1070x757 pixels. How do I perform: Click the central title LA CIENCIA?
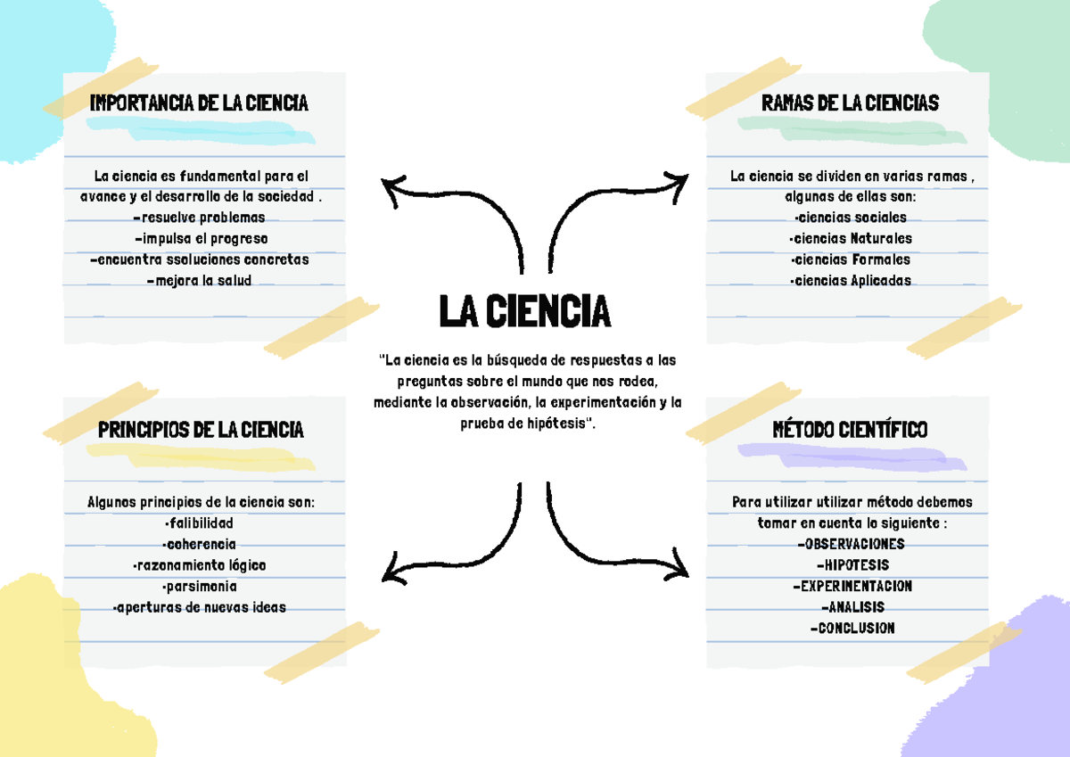tap(525, 311)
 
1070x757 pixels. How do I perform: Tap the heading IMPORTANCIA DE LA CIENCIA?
tap(199, 103)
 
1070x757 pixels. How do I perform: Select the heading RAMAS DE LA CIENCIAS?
tap(850, 103)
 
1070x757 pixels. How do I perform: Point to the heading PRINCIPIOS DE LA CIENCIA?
tap(201, 430)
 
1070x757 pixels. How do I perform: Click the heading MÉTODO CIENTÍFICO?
tap(850, 430)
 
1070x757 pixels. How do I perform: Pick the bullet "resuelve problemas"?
tap(199, 218)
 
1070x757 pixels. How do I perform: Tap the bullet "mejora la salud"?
tap(199, 280)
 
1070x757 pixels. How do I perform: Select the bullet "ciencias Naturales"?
tap(851, 238)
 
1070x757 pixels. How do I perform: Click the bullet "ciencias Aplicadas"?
tap(851, 280)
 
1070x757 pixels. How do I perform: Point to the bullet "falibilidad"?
tap(199, 523)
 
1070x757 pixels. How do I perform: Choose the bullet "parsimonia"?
tap(199, 586)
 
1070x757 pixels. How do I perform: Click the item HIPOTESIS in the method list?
tap(852, 565)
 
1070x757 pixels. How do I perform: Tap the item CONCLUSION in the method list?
tap(852, 628)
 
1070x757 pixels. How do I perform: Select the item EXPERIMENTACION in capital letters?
tap(852, 586)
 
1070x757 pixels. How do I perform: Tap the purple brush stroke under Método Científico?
tap(852, 457)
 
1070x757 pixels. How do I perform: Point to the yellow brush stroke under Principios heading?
tap(201, 457)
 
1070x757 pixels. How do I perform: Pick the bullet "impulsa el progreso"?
tap(202, 238)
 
